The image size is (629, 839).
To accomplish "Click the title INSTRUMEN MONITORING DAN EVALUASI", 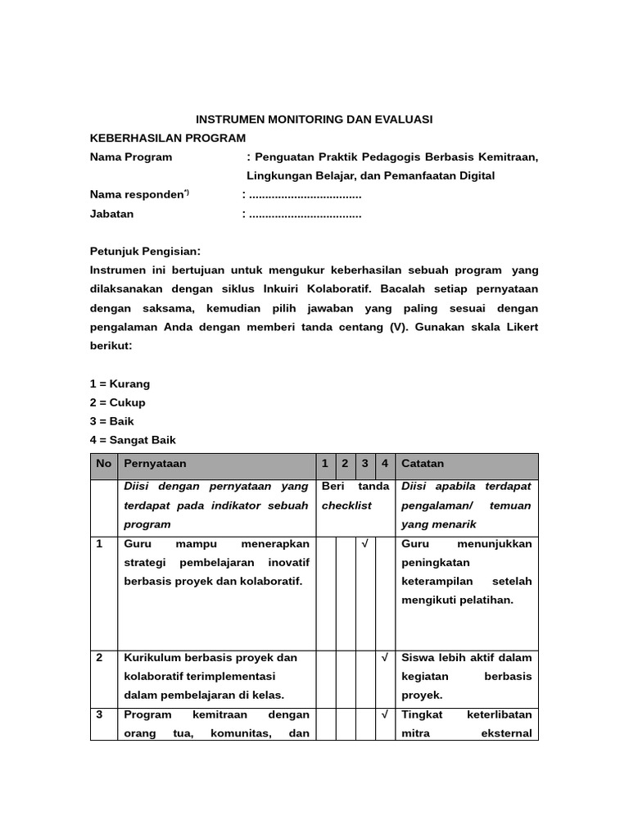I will tap(314, 120).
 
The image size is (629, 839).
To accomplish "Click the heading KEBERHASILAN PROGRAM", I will tap(167, 138).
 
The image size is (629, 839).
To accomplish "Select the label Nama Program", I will tap(131, 156).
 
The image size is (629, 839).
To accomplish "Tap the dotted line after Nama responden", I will tap(305, 195).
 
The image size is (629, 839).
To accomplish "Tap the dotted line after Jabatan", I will tap(305, 214).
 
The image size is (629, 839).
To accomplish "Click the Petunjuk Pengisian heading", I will tap(145, 251).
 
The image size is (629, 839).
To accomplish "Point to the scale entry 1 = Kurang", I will tap(120, 383).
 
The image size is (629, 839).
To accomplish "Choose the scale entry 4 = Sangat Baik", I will tap(133, 440).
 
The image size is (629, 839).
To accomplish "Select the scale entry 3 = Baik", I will tap(112, 421).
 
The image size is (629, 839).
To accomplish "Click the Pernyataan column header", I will tap(155, 464).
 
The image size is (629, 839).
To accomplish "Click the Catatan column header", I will tap(423, 464).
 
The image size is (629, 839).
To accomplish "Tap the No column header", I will tap(103, 464).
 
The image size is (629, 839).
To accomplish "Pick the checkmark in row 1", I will tap(365, 544).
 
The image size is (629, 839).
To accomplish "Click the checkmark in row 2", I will tap(385, 658).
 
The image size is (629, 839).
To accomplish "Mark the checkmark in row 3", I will tap(385, 714).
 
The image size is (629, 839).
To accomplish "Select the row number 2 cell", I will tap(100, 658).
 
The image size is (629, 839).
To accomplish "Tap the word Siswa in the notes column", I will tap(417, 658).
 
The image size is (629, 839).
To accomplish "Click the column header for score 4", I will tap(385, 464).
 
